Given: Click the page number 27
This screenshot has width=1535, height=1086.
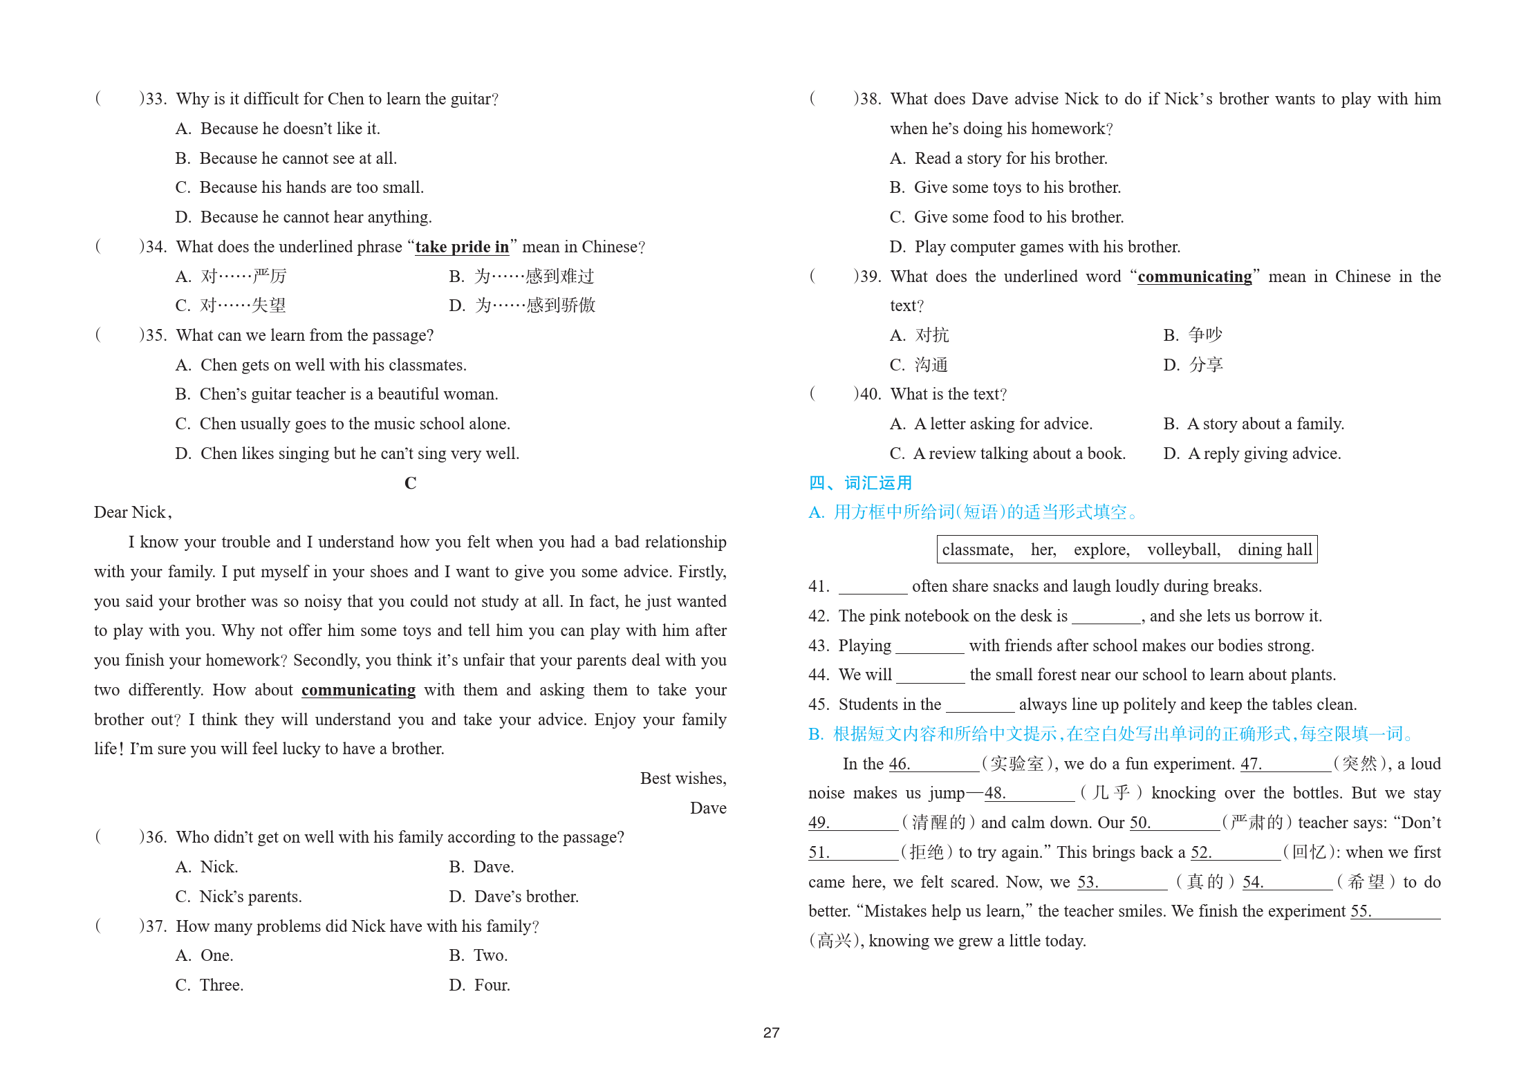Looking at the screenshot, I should click(x=771, y=1032).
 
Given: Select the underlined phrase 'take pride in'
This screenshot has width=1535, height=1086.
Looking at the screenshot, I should click(x=462, y=247).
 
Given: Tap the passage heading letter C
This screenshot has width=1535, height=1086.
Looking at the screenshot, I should click(x=410, y=483).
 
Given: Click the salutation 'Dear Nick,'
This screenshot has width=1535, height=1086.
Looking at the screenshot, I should click(x=133, y=512).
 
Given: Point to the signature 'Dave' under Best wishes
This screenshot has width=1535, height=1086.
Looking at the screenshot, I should click(x=707, y=807).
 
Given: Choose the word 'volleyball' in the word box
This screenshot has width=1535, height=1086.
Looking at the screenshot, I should click(x=1183, y=550).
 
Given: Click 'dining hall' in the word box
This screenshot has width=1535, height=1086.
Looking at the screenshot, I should click(x=1274, y=550).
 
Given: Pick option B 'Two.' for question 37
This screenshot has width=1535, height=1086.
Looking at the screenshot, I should click(x=490, y=955).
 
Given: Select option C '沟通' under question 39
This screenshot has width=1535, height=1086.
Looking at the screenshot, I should click(x=931, y=365).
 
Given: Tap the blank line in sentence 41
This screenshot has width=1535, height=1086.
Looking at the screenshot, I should click(x=873, y=588).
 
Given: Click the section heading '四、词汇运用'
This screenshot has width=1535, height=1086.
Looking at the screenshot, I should click(x=860, y=483).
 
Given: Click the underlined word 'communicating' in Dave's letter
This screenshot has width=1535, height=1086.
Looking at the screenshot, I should click(x=358, y=690).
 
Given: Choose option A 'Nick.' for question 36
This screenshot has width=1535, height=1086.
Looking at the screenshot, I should click(x=218, y=867).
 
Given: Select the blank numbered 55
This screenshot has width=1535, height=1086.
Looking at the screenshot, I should click(x=1404, y=912).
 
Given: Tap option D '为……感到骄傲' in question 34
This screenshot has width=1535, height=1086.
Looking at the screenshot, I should click(x=534, y=306).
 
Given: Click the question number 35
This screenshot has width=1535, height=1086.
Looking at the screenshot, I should click(x=156, y=335).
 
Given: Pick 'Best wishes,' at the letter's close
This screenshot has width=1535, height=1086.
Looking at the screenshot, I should click(x=682, y=778).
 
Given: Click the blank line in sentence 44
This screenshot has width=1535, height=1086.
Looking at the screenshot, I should click(x=931, y=676).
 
